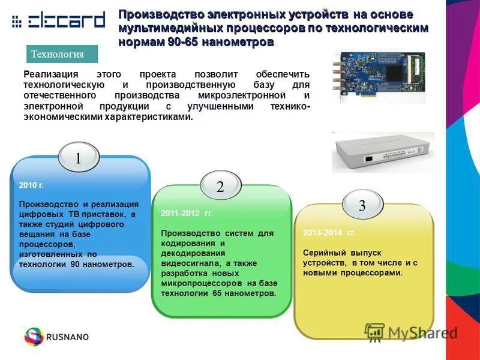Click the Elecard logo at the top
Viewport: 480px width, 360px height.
[58, 22]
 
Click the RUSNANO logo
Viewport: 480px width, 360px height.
[56, 337]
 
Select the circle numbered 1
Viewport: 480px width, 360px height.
[78, 158]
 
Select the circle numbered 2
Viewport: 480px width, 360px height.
[220, 187]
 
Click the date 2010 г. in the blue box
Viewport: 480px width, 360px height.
[32, 186]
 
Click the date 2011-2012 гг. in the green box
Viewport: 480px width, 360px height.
[187, 213]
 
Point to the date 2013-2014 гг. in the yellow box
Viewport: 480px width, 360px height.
[329, 233]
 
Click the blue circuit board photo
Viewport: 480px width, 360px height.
[379, 76]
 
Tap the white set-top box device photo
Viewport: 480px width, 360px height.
[383, 152]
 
